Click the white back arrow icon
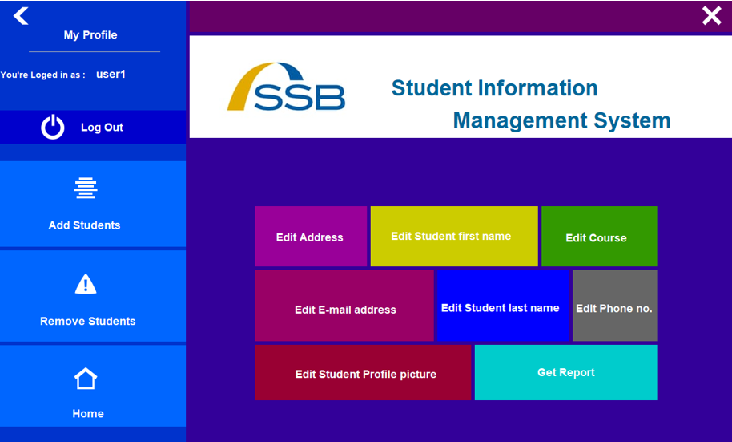[x=21, y=15]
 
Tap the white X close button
[x=711, y=15]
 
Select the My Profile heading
[x=90, y=35]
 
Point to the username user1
[x=111, y=75]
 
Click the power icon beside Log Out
[x=53, y=127]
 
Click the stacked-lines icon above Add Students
[x=86, y=188]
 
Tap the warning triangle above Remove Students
[x=86, y=284]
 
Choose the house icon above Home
[x=86, y=379]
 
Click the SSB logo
[x=286, y=87]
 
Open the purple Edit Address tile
[x=311, y=237]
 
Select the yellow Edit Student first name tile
[x=453, y=237]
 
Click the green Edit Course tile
[x=598, y=237]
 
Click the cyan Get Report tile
[x=565, y=372]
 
